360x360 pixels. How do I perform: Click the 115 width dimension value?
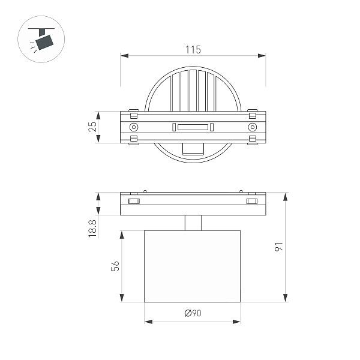(193, 49)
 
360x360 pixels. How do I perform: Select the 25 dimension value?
(92, 127)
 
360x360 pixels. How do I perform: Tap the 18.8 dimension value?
(92, 229)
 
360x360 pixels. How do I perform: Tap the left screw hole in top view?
(134, 127)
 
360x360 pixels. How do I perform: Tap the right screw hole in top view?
(252, 127)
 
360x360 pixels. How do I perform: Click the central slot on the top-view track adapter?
(193, 127)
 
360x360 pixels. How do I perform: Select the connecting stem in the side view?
(193, 223)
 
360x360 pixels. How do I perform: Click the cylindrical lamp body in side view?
(193, 266)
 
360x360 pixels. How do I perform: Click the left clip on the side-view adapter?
(134, 201)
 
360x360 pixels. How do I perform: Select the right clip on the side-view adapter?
(251, 201)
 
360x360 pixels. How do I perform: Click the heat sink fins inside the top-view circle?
(193, 90)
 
